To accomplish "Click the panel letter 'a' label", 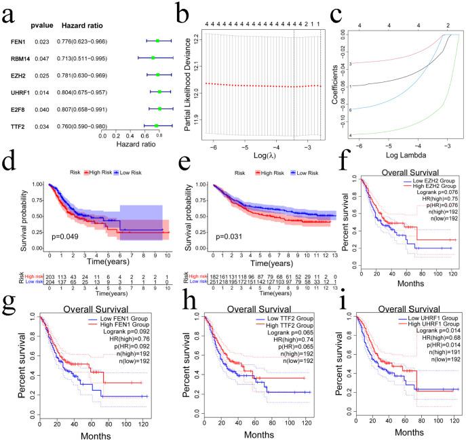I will point(9,12).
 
